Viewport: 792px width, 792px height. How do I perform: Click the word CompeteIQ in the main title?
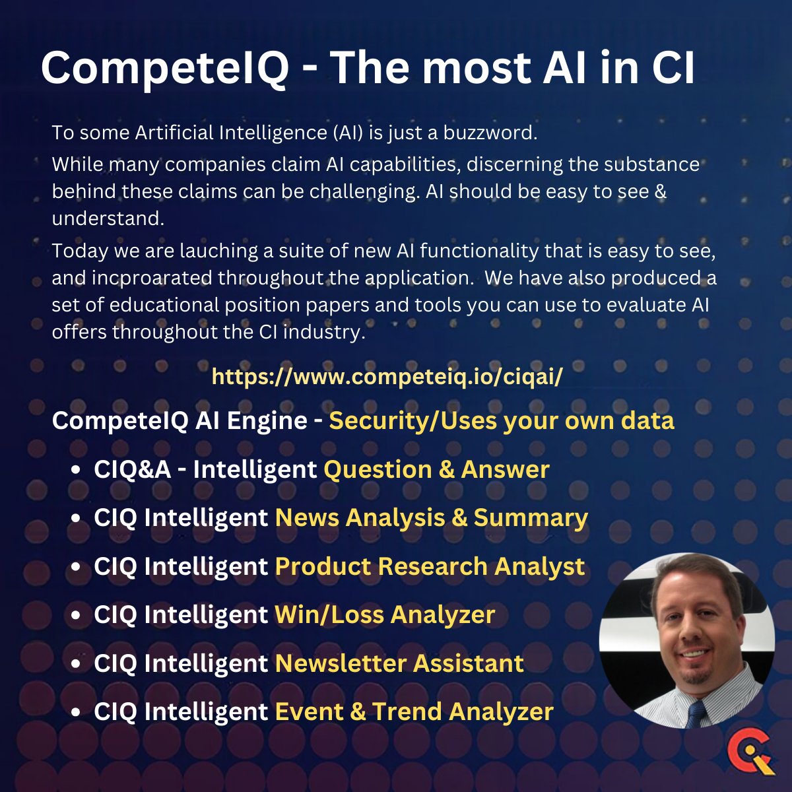(164, 68)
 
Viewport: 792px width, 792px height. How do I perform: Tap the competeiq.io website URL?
(387, 378)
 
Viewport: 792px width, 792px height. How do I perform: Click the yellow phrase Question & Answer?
(436, 469)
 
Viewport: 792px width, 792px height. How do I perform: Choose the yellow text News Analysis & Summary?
(431, 518)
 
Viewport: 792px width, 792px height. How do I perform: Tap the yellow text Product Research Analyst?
(430, 566)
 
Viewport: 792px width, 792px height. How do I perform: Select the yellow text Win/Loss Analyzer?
(385, 614)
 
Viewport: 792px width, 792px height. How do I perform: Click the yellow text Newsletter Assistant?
(399, 663)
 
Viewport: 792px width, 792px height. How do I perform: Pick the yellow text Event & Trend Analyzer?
(414, 711)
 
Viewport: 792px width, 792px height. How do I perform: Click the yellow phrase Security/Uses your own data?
(502, 420)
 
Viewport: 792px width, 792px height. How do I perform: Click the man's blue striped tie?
(696, 713)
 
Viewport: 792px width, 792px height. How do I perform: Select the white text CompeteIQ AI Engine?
(180, 420)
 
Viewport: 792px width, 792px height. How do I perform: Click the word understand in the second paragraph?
(106, 218)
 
